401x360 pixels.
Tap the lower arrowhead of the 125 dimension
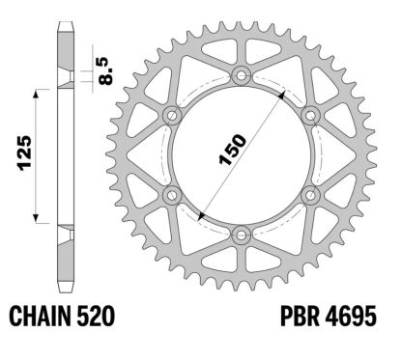click(39, 215)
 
